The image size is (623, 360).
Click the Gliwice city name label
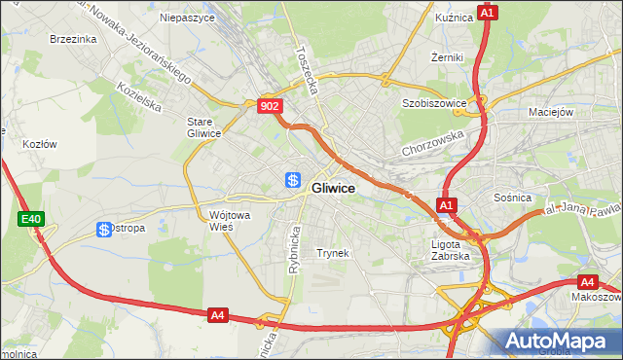(x=333, y=188)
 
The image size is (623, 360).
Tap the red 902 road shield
(x=271, y=107)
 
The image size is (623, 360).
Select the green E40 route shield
(x=31, y=220)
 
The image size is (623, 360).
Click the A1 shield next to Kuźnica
(x=488, y=13)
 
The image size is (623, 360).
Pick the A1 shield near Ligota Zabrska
(x=446, y=205)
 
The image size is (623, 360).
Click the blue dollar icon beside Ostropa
(x=104, y=229)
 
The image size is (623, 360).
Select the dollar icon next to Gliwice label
(x=293, y=180)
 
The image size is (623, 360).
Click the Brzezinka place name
(x=73, y=39)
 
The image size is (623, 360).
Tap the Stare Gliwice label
(x=204, y=127)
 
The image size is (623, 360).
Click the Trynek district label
(x=333, y=253)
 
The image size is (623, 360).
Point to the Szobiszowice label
(x=429, y=102)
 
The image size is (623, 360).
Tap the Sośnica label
(x=512, y=198)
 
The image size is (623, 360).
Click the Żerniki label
(x=447, y=57)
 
